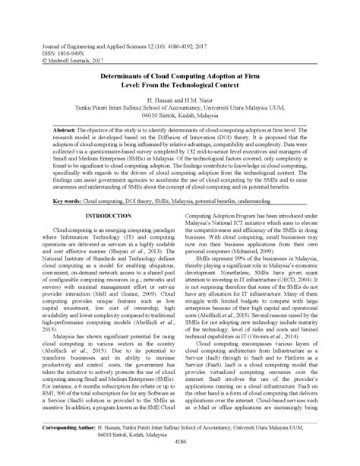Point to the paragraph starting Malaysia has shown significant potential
107,350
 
